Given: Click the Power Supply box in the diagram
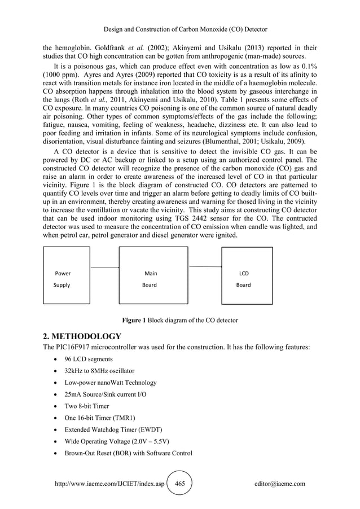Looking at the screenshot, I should point(67,279).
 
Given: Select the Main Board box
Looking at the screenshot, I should point(153,279).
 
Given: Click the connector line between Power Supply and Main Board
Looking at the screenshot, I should point(104,267).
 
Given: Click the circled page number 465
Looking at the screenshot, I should point(180,484).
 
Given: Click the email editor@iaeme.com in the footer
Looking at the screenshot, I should point(280,484).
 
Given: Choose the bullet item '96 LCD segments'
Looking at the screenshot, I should point(84,359).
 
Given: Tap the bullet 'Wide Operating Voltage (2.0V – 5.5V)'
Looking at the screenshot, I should point(114,441).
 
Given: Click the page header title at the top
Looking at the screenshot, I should point(179,29).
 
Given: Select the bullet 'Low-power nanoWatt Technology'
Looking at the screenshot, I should point(106,383).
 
